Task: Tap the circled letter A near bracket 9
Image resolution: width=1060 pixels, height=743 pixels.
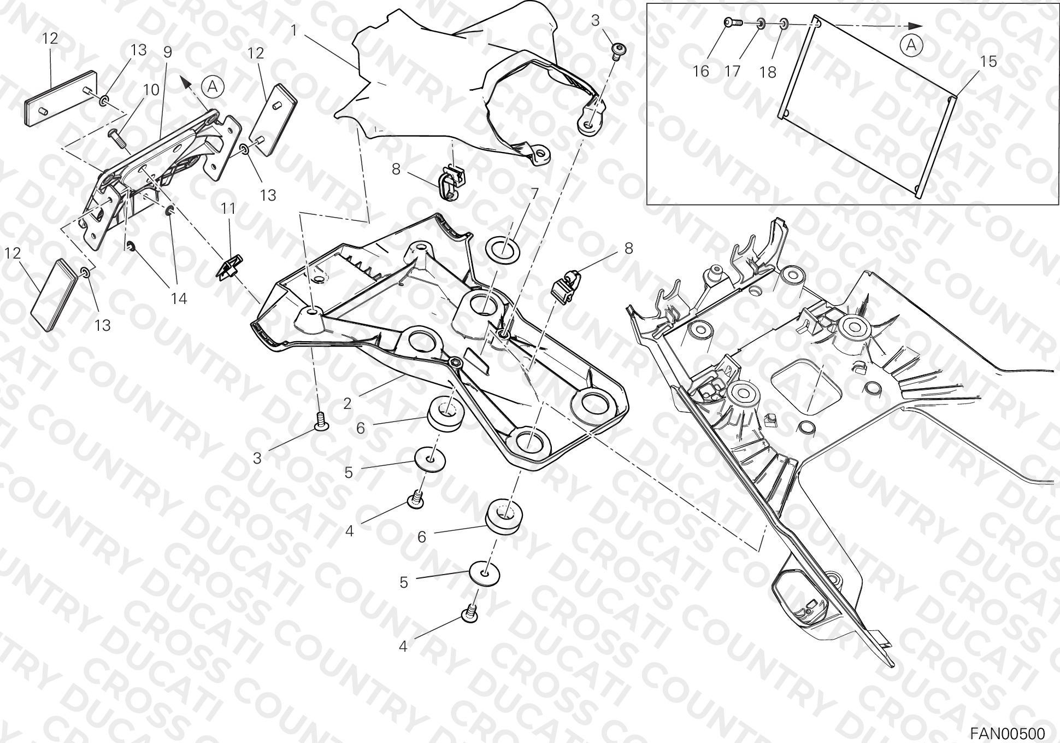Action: (x=213, y=86)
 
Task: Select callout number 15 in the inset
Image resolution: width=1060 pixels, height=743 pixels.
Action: (x=988, y=62)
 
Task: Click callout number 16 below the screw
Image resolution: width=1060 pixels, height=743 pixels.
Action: (x=700, y=71)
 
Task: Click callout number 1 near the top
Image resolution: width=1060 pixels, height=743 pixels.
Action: (x=293, y=30)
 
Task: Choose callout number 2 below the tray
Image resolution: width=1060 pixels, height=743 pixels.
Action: (x=347, y=403)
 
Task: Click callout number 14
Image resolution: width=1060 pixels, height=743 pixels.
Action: (x=179, y=299)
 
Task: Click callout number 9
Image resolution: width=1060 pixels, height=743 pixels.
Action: (x=167, y=52)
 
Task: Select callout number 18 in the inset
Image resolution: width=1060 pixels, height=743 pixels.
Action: (x=768, y=72)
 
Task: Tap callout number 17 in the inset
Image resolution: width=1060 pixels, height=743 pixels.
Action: (x=734, y=71)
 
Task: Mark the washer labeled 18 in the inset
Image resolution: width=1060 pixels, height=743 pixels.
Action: (x=783, y=24)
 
